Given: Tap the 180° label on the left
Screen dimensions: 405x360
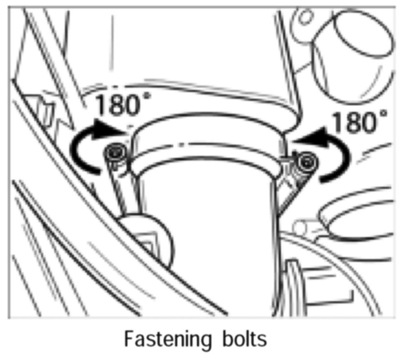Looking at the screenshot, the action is coord(122,105).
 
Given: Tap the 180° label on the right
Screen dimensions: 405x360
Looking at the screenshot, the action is coord(359,122).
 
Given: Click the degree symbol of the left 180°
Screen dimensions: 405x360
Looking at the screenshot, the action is coord(146,96).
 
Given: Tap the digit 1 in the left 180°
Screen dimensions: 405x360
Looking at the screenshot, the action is coord(100,105).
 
